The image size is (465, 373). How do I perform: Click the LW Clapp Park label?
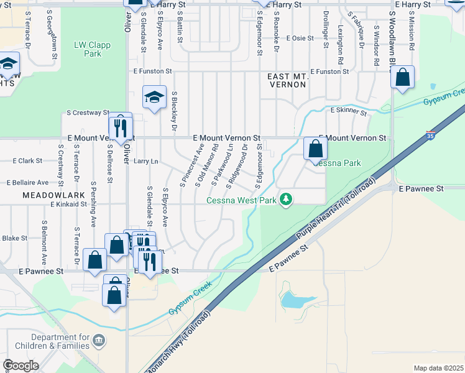[88, 49]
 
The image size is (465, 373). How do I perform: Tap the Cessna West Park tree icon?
[286, 199]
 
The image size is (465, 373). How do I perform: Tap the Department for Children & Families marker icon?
[100, 340]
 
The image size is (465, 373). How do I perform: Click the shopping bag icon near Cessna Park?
[316, 149]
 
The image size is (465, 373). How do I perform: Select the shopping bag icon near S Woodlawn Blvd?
[403, 78]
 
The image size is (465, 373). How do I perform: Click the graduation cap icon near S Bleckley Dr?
[154, 96]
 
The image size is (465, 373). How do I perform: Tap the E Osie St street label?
[300, 38]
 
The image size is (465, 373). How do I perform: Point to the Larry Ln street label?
[146, 162]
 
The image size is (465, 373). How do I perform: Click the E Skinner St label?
[349, 110]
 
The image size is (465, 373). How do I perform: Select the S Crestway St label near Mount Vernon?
[88, 113]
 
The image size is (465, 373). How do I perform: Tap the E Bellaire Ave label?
[27, 183]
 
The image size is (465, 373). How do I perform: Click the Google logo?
[21, 366]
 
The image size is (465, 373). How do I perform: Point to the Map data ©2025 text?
[438, 368]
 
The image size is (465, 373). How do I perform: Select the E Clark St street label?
[27, 160]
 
